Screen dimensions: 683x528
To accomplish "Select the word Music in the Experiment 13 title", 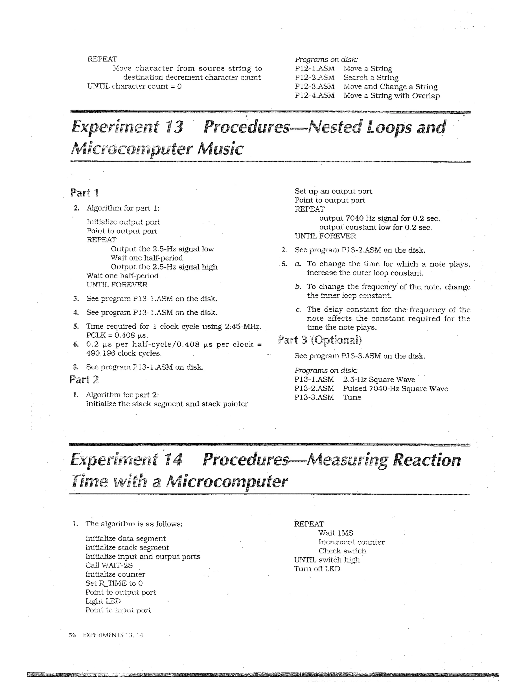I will pos(220,149).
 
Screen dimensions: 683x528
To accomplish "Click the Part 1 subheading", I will pos(84,193).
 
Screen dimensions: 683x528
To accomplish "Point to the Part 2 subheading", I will pos(84,380).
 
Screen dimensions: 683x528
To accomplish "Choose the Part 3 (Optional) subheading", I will pos(319,340).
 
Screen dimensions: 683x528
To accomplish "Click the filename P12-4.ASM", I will pos(314,95).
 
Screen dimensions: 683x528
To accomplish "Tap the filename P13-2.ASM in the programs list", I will pos(314,389).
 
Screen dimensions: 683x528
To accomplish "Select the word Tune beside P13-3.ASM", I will pos(352,397).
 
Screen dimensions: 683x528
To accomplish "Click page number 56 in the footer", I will pos(72,635).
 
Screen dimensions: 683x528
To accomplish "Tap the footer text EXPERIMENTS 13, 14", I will pos(113,635).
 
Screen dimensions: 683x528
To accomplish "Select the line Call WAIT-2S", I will pos(109,565).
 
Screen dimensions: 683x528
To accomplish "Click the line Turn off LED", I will pos(317,569).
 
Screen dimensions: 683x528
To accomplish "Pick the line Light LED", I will pos(103,601).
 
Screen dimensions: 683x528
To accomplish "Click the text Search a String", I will pos(371,78).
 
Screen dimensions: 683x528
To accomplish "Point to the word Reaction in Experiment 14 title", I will pos(426,460).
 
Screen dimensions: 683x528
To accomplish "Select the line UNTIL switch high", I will pos(327,560).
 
